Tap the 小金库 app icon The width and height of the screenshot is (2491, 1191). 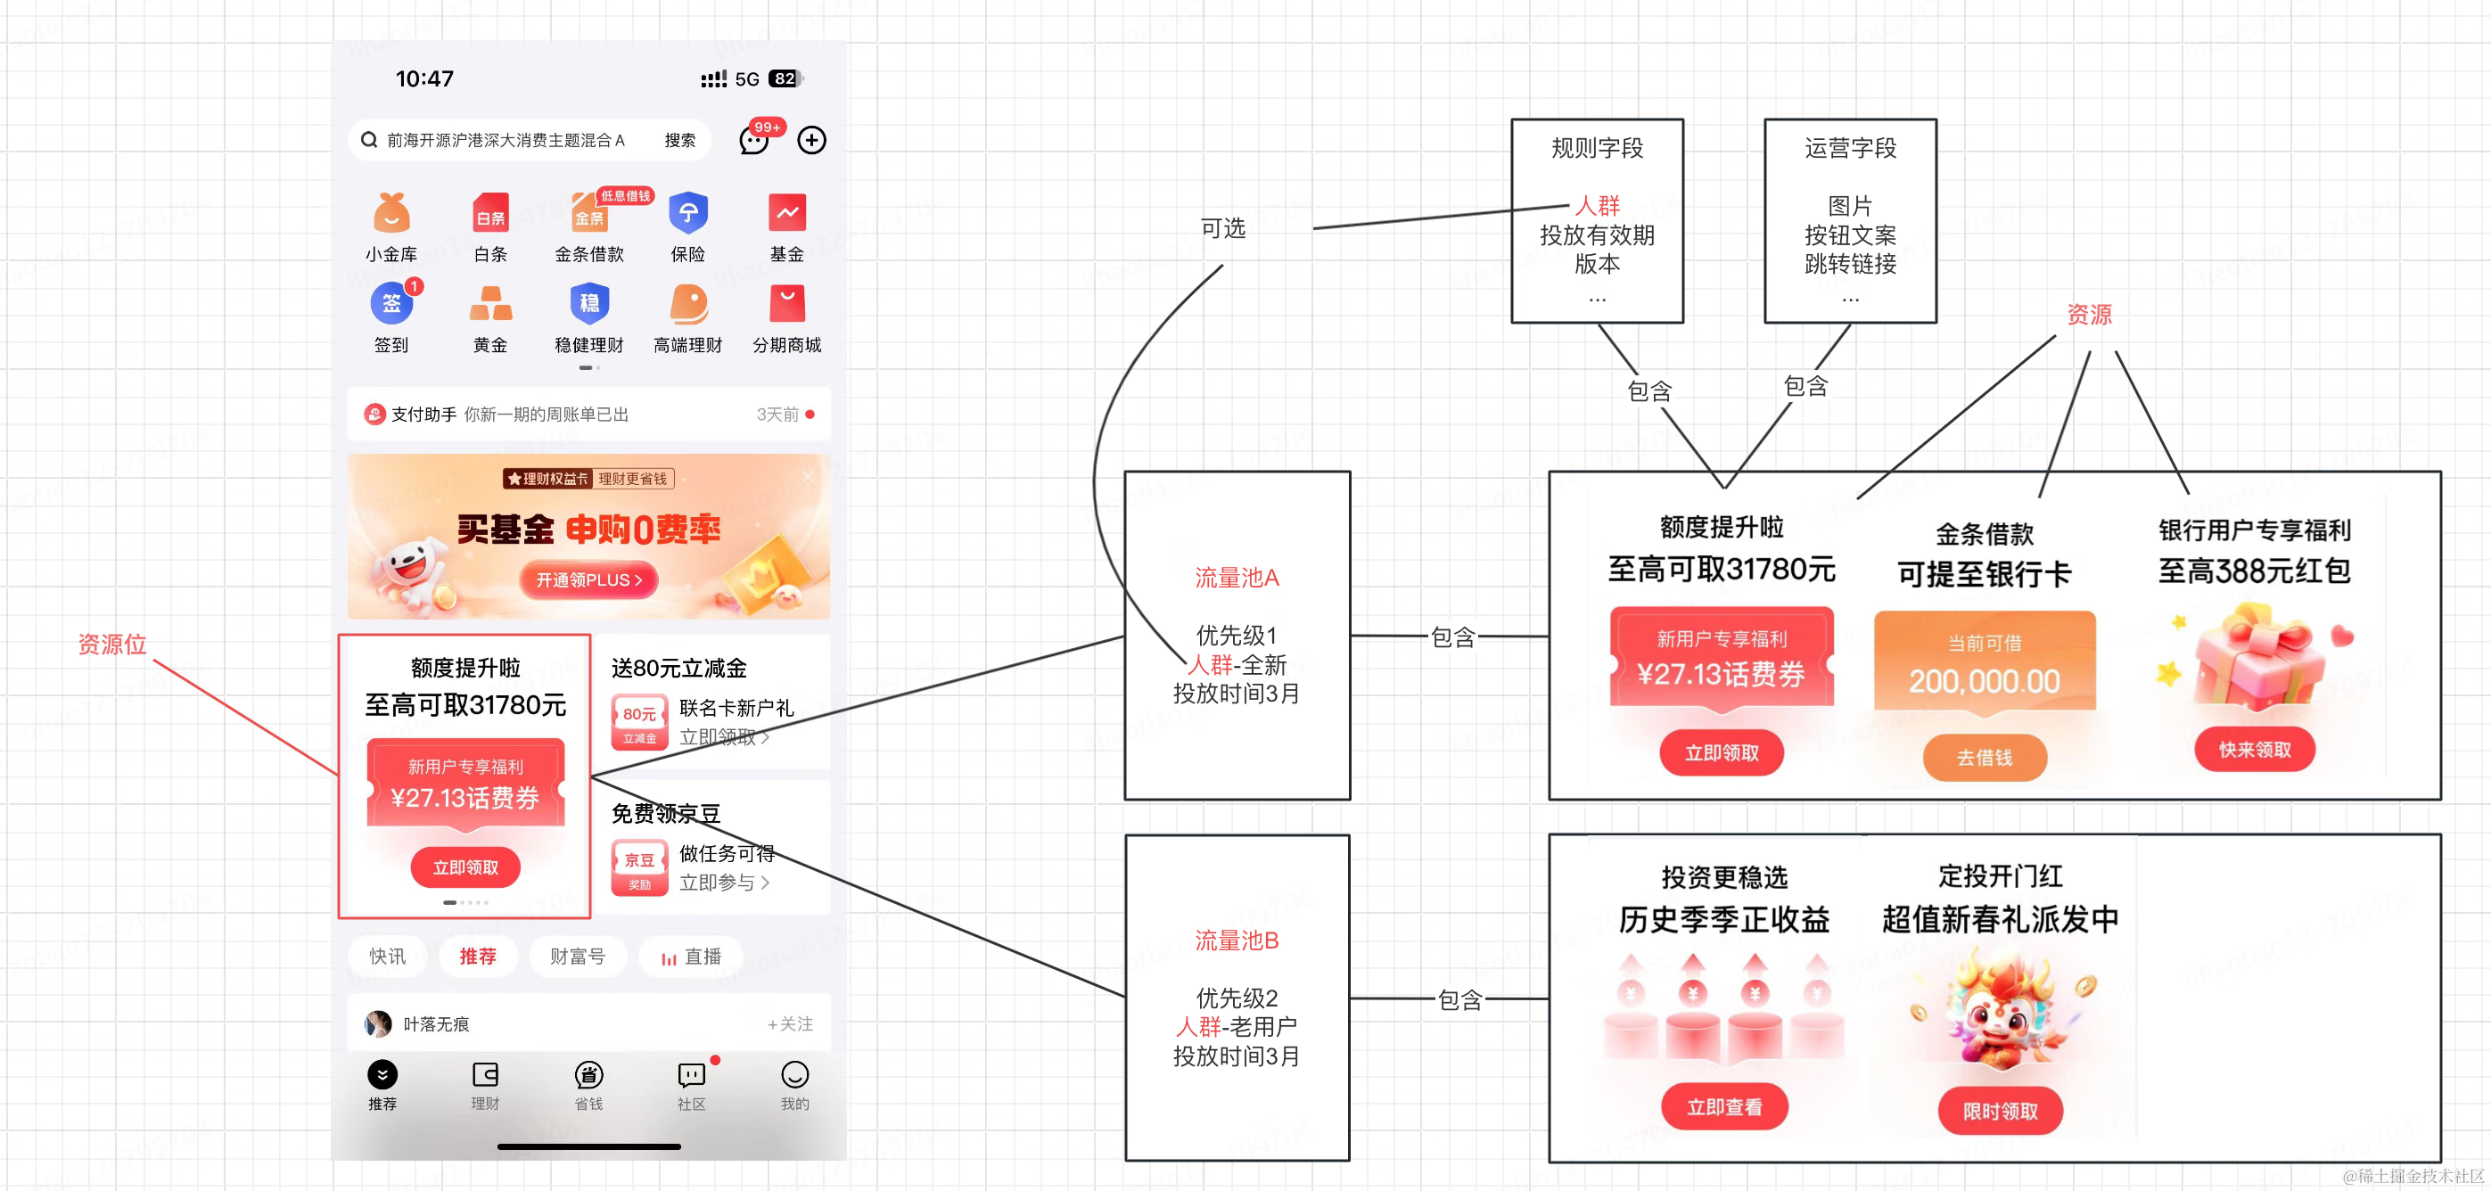pyautogui.click(x=391, y=213)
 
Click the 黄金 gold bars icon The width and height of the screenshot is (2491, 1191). pyautogui.click(x=490, y=304)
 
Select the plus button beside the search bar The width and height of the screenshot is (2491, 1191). pyautogui.click(x=811, y=140)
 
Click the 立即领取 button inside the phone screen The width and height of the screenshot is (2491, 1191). pyautogui.click(x=465, y=867)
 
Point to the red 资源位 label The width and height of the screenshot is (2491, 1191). pyautogui.click(x=112, y=645)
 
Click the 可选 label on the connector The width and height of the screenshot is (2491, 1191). pyautogui.click(x=1222, y=228)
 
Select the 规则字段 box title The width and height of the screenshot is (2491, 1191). pyautogui.click(x=1597, y=148)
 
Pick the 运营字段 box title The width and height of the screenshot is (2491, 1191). pyautogui.click(x=1850, y=148)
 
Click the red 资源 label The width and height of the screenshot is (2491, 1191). pyautogui.click(x=2089, y=314)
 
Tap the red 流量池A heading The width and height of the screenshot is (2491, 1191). pyautogui.click(x=1236, y=578)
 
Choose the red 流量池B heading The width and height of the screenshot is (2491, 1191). pyautogui.click(x=1236, y=940)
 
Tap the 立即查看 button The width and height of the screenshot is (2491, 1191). pyautogui.click(x=1723, y=1107)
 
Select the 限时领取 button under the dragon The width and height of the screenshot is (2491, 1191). pyautogui.click(x=2000, y=1112)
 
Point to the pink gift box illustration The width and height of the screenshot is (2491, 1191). pyautogui.click(x=2257, y=657)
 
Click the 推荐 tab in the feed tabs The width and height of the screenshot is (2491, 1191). pyautogui.click(x=478, y=956)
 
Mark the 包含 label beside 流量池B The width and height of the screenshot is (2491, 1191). pyautogui.click(x=1459, y=999)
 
